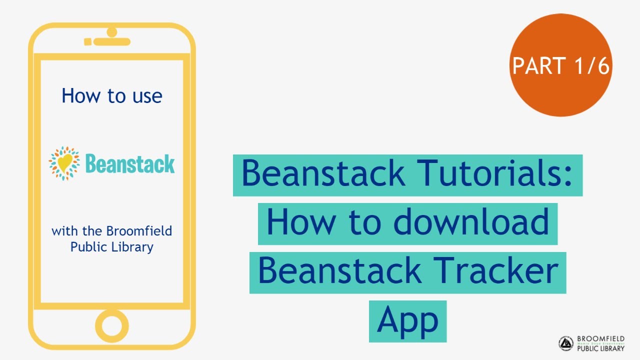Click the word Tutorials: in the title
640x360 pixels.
point(495,173)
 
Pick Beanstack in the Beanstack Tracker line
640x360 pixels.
point(339,271)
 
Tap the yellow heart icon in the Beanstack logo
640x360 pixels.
point(64,163)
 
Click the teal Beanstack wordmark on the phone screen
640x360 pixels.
point(129,164)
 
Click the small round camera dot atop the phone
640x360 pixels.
point(111,32)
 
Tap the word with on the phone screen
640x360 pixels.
point(61,231)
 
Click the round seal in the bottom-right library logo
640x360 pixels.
point(566,343)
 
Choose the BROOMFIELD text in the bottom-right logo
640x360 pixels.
point(600,339)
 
